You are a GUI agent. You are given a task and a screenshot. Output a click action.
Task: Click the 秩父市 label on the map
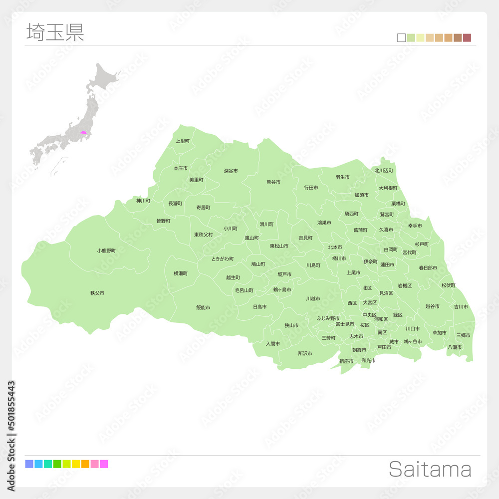(x=97, y=293)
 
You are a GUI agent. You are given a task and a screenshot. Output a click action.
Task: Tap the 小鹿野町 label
(x=106, y=250)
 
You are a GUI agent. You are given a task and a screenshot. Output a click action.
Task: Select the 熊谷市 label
(x=273, y=182)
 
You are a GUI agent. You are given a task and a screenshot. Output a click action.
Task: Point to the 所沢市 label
(x=305, y=353)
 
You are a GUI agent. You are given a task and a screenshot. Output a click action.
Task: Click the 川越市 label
(x=313, y=298)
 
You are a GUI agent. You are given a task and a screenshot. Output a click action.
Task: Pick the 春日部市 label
(x=428, y=268)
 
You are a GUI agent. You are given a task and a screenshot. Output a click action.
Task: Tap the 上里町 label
(x=183, y=141)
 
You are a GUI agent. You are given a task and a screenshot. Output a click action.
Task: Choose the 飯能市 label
(x=203, y=307)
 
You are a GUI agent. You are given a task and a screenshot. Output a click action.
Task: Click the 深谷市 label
(x=231, y=171)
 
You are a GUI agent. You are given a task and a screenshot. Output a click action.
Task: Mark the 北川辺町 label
(x=385, y=170)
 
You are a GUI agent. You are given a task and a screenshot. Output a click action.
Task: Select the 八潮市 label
(x=455, y=347)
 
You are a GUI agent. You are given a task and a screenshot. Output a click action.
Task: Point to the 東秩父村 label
(x=204, y=235)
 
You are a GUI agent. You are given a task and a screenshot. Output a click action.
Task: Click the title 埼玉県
(x=55, y=32)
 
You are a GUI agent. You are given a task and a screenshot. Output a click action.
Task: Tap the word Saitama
(x=430, y=470)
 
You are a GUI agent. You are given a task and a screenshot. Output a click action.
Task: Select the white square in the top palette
(x=401, y=38)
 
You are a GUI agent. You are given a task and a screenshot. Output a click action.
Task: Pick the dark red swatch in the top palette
(x=467, y=38)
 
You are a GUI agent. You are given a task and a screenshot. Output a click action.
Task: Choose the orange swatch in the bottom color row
(x=85, y=464)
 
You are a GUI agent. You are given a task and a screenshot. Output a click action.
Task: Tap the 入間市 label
(x=272, y=343)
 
